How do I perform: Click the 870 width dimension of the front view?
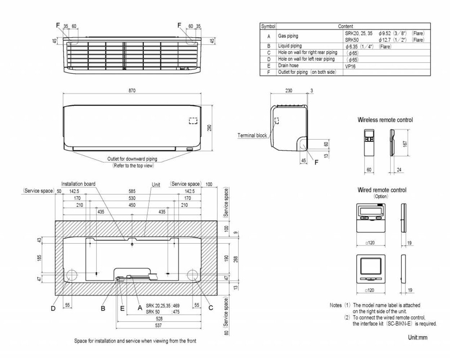pyautogui.click(x=132, y=90)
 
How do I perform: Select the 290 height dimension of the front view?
pyautogui.click(x=209, y=128)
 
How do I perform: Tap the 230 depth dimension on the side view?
pyautogui.click(x=289, y=91)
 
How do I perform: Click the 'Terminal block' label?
pyautogui.click(x=252, y=135)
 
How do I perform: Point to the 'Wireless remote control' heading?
pyautogui.click(x=385, y=120)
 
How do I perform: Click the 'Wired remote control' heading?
pyautogui.click(x=382, y=190)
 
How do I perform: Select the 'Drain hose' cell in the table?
pyautogui.click(x=288, y=66)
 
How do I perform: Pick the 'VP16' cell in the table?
pyautogui.click(x=350, y=66)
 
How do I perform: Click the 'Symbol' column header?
pyautogui.click(x=268, y=26)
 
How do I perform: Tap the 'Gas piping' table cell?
pyautogui.click(x=288, y=36)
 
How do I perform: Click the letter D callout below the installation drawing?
pyautogui.click(x=53, y=308)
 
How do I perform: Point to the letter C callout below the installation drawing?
pyautogui.click(x=211, y=308)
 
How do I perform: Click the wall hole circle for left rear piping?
pyautogui.click(x=72, y=274)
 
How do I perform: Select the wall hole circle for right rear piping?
pyautogui.click(x=193, y=274)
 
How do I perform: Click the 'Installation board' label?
pyautogui.click(x=78, y=184)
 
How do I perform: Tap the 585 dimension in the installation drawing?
pyautogui.click(x=132, y=191)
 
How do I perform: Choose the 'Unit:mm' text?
pyautogui.click(x=417, y=337)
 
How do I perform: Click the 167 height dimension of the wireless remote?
pyautogui.click(x=405, y=143)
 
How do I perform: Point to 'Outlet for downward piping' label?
pyautogui.click(x=132, y=159)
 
